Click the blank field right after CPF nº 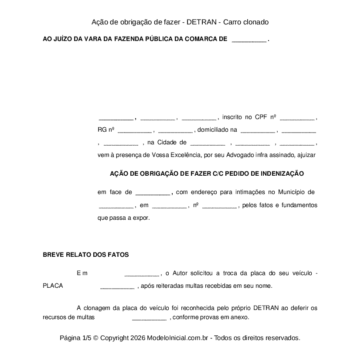(297, 118)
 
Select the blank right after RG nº (135, 130)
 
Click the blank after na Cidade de (208, 143)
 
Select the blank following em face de (153, 193)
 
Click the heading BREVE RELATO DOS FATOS (85, 255)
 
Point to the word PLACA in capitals (53, 286)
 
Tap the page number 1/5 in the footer (87, 338)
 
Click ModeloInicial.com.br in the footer (180, 338)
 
